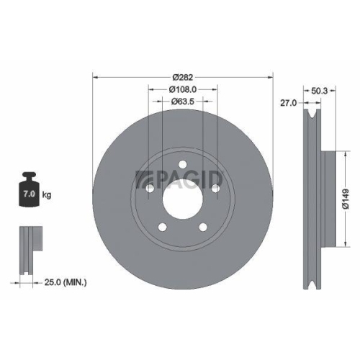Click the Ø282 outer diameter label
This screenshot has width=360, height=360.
(183, 77)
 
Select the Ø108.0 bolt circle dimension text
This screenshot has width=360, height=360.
(183, 89)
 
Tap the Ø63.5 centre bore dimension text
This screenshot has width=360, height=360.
(183, 102)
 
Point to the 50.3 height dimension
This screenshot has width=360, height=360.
(322, 91)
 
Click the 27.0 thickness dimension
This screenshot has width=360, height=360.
(289, 104)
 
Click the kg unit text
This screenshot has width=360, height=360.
(48, 195)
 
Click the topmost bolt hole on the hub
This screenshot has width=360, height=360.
(183, 163)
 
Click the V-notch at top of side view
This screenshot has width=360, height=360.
(310, 115)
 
